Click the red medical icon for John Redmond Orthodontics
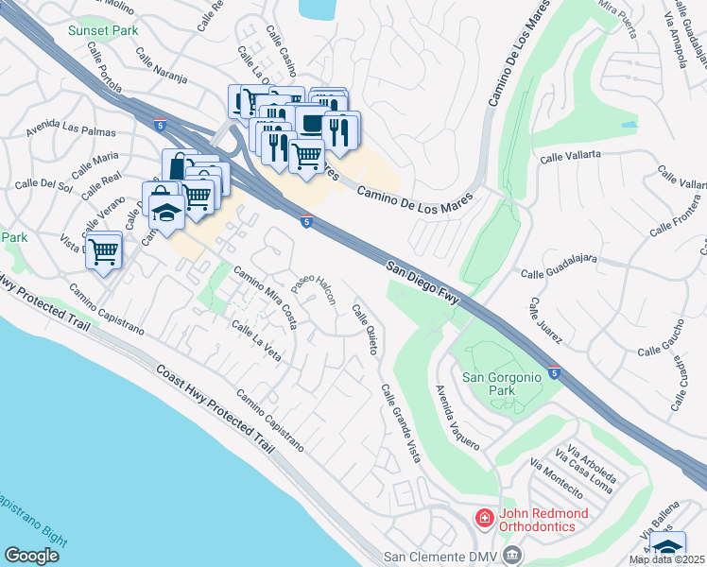click(x=484, y=519)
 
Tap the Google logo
click(x=31, y=555)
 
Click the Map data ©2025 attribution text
click(x=667, y=559)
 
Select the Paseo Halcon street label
click(x=313, y=289)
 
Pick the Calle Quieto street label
click(x=365, y=330)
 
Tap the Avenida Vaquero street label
click(x=457, y=417)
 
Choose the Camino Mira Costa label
click(x=266, y=300)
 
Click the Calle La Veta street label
click(x=256, y=343)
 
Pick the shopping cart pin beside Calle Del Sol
click(x=103, y=250)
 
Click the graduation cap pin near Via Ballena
click(x=667, y=546)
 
